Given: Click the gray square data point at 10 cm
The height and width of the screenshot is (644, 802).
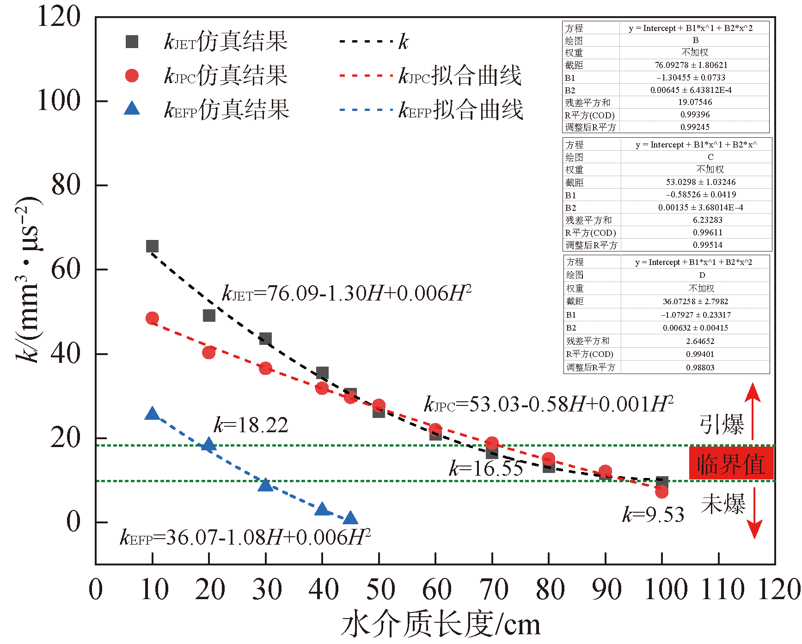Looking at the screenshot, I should point(152,246).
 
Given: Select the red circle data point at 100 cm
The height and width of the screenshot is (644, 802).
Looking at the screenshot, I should point(661,491).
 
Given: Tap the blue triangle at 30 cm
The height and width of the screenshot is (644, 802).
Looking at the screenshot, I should point(265,485).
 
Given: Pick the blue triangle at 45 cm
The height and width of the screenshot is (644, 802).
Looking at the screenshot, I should point(350,518).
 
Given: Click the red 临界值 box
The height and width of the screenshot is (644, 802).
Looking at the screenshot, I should point(731,463).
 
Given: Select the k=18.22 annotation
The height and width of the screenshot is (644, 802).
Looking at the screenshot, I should point(251,425).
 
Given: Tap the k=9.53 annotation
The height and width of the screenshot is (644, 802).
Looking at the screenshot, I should point(653,515).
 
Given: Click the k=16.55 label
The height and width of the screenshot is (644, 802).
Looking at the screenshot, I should point(486,468).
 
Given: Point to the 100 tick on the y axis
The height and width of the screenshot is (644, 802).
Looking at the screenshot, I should point(59,100).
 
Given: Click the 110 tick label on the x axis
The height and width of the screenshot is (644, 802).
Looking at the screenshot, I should point(722,589).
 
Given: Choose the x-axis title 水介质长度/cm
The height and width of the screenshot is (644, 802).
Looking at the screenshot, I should point(441,624).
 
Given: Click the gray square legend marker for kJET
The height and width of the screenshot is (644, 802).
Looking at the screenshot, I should point(132,42).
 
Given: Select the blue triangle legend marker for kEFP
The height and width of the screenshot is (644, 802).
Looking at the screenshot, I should point(132,109).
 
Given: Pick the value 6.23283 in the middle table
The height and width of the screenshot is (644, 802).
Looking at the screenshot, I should point(707,220).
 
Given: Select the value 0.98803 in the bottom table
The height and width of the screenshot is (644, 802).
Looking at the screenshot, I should point(700,368).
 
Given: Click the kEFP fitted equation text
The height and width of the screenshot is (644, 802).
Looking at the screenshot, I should point(245,537).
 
